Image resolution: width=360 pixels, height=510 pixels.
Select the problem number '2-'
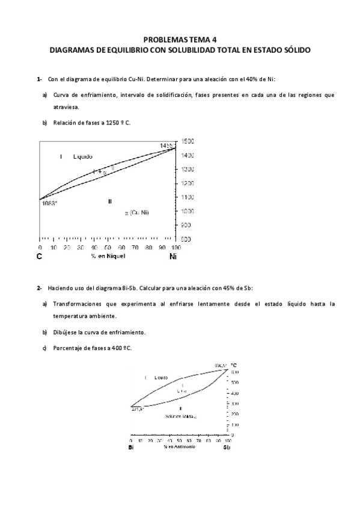pos(39,288)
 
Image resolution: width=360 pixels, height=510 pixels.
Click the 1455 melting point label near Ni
pos(166,146)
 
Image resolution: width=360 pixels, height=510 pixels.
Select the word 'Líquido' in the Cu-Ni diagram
pos(83,156)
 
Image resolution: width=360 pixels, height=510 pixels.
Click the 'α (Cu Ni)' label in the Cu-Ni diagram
pos(137,212)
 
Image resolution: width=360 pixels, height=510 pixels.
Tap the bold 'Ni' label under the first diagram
pos(173,256)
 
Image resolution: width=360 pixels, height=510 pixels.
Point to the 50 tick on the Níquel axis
pos(108,247)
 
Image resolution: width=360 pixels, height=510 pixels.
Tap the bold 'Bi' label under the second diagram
pos(131,448)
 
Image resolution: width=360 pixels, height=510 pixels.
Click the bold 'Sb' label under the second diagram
pos(227,448)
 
